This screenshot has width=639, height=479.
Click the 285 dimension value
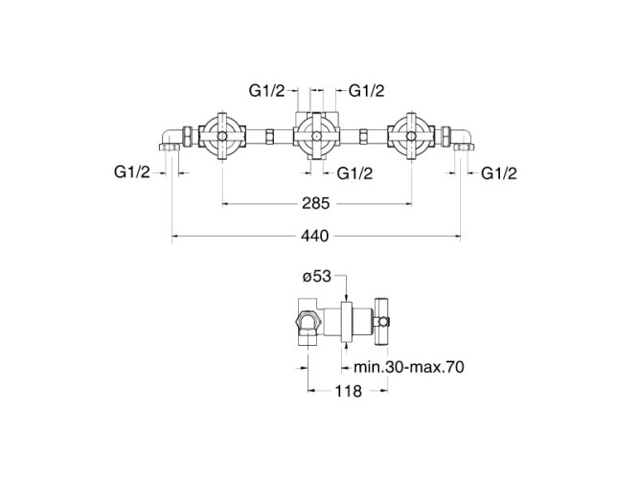315,203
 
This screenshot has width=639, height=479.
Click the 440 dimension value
314,236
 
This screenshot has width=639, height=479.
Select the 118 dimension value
348,391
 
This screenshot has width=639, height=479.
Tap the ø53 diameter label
317,277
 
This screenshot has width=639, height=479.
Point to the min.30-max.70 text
409,367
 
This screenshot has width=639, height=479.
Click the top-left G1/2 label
267,91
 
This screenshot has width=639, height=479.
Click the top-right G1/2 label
366,91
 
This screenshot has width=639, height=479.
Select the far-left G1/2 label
132,172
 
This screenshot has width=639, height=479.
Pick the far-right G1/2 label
499,173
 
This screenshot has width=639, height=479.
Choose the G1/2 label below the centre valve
354,173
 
